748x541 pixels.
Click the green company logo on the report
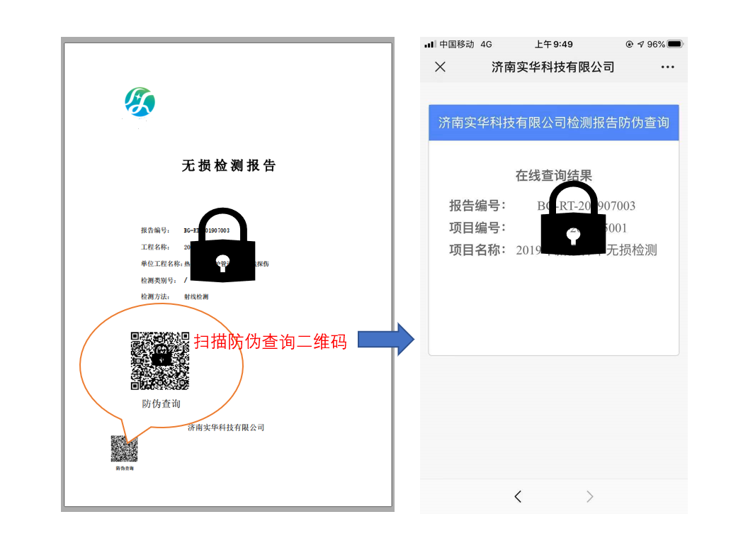(140, 102)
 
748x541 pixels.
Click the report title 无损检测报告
(228, 166)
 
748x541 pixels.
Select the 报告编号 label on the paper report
(155, 230)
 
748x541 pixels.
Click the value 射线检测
(196, 296)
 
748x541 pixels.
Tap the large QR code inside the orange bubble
(160, 360)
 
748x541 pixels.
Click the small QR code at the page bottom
(124, 449)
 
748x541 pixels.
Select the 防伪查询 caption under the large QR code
(161, 403)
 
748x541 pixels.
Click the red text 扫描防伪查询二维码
(271, 342)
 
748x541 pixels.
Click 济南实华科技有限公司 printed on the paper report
(226, 428)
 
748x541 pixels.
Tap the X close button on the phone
(440, 67)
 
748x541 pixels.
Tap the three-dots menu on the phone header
(667, 67)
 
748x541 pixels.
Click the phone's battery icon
(674, 44)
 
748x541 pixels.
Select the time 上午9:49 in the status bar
(554, 44)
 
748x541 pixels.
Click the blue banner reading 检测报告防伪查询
(553, 123)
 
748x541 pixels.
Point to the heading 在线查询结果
(553, 175)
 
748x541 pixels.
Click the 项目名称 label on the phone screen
(477, 250)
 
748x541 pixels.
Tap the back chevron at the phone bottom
(518, 496)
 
